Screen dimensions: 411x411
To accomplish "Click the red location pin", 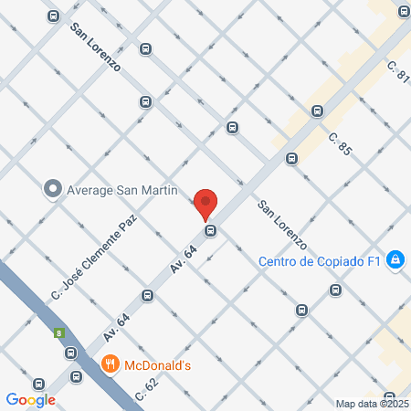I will pyautogui.click(x=205, y=203).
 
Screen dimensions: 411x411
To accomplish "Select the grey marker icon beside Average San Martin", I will pyautogui.click(x=53, y=190).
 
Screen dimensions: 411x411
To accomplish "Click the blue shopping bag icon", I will pyautogui.click(x=395, y=261).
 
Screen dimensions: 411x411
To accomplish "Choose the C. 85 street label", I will pyautogui.click(x=340, y=145).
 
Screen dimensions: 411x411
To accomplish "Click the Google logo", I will pyautogui.click(x=30, y=399).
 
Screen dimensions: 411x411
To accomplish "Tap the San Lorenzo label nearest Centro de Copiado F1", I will pyautogui.click(x=281, y=225).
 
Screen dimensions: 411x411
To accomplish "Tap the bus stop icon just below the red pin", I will pyautogui.click(x=211, y=230).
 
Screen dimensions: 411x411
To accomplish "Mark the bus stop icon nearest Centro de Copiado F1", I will pyautogui.click(x=336, y=290).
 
